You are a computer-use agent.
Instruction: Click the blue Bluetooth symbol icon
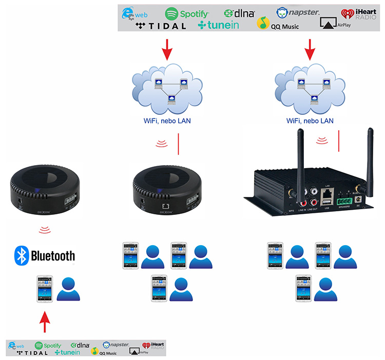coord(21,255)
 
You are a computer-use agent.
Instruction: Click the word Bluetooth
coord(53,255)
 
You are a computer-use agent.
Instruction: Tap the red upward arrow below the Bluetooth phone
coord(46,323)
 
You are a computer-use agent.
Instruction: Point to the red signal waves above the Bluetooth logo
coord(45,229)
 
